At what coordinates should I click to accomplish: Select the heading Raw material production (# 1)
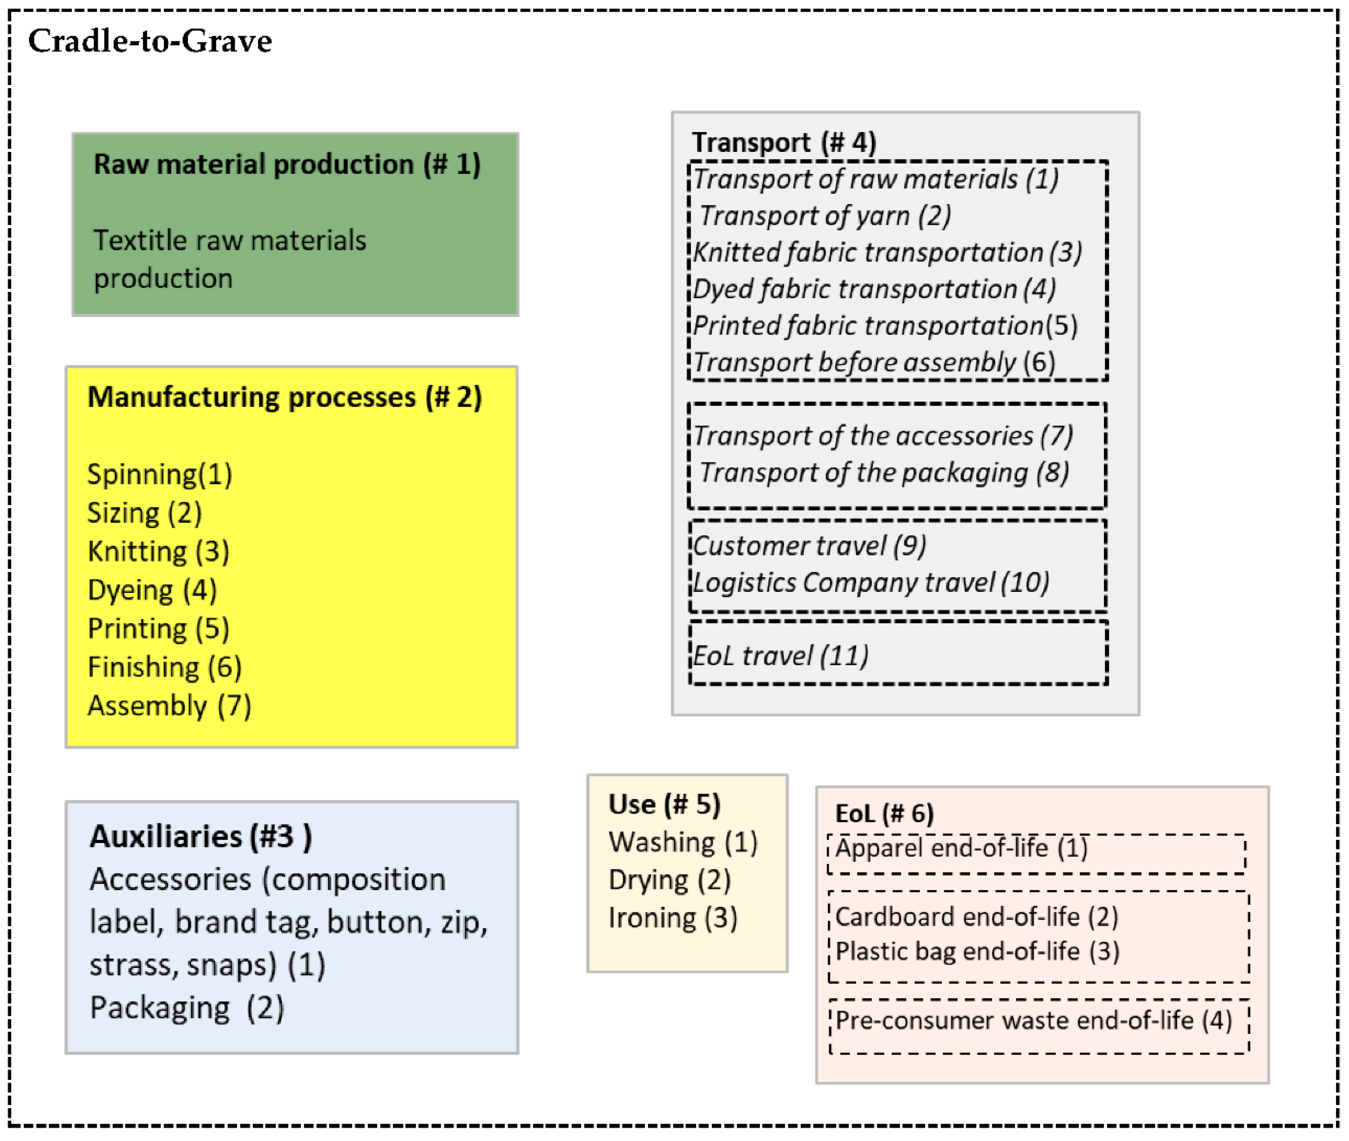287,164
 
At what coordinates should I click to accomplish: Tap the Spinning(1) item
160,474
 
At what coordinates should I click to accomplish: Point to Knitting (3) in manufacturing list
158,551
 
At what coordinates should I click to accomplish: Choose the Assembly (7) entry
170,705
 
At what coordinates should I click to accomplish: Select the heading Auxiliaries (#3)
201,836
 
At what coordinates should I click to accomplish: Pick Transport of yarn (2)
825,215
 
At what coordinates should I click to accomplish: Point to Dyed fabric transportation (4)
874,289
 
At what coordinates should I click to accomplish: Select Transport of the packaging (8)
884,472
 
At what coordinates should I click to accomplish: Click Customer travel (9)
810,545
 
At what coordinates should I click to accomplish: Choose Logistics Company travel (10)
871,582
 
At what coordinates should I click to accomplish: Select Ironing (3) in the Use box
673,917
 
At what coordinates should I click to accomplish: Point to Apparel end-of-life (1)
961,847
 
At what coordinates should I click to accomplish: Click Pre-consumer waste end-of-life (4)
1033,1020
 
